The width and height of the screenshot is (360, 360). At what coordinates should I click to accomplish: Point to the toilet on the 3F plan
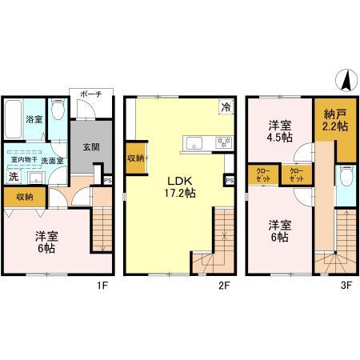[344, 175]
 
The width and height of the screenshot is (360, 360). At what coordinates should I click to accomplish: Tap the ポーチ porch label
[88, 94]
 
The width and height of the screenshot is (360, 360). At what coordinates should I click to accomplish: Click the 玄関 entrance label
[87, 146]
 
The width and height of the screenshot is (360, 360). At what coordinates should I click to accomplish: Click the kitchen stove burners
[222, 143]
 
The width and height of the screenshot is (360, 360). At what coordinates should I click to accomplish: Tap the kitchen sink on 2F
[194, 144]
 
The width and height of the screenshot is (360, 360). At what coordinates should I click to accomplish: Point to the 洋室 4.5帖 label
[278, 130]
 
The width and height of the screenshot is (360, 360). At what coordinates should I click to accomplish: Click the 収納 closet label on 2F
[135, 158]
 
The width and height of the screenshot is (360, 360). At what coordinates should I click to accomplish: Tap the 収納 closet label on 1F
[24, 197]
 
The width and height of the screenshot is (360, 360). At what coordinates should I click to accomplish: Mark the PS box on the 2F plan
[230, 181]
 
